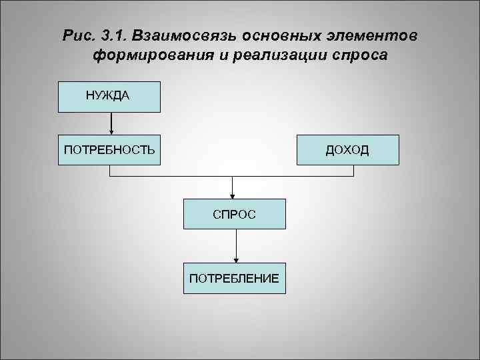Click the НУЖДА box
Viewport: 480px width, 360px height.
tap(109, 96)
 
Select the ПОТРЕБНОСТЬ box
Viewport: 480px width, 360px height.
tap(109, 149)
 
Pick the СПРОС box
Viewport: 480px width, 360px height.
tap(234, 214)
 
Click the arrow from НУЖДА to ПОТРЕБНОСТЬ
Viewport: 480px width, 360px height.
tap(111, 123)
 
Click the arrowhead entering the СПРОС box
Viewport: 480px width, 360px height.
tap(232, 195)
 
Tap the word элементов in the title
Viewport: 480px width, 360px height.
tap(373, 35)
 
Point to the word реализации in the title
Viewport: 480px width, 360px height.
tap(276, 55)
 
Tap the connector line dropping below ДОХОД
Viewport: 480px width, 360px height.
tap(353, 171)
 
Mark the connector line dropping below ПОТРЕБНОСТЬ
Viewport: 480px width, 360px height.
tap(110, 171)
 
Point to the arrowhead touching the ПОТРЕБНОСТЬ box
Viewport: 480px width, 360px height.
tap(111, 132)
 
